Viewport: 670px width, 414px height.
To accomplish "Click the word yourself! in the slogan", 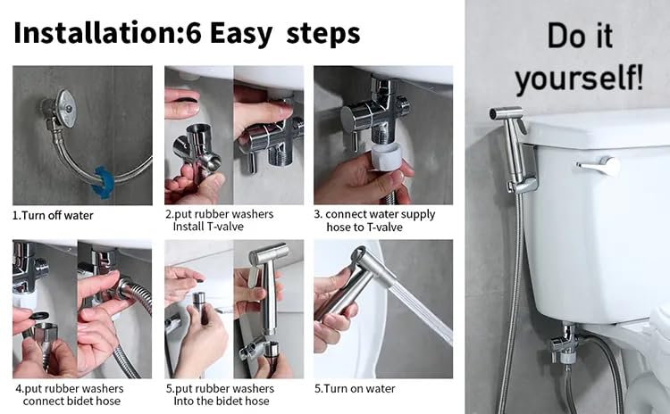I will (579, 79).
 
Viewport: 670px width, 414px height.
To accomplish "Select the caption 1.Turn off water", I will (53, 215).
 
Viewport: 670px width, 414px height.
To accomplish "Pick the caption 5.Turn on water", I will (355, 388).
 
